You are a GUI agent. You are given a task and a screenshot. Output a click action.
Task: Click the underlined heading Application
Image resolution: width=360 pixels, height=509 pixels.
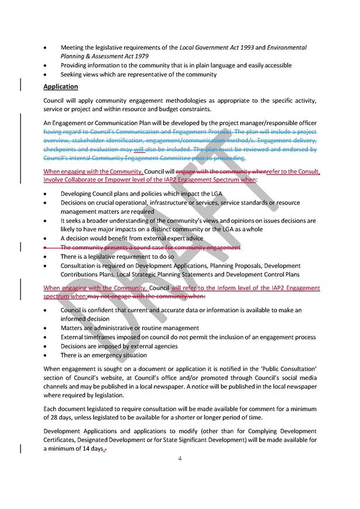(x=61, y=86)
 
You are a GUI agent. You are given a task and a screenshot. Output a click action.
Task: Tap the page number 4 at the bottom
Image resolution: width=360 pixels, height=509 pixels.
(x=181, y=458)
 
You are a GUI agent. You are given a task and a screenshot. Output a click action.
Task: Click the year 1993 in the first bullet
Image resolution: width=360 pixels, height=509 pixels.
(x=237, y=47)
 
